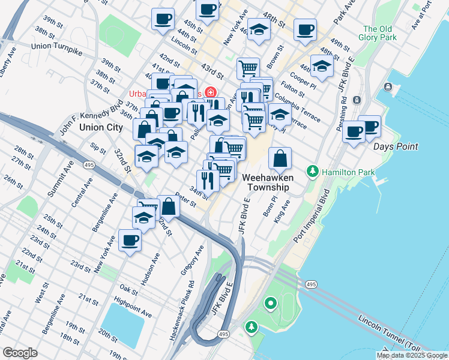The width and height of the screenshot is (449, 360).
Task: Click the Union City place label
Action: tap(101, 128)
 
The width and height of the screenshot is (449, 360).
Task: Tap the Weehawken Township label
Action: tap(266, 182)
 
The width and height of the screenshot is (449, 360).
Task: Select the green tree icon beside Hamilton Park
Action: tap(312, 172)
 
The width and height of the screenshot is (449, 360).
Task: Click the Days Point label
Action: tap(395, 146)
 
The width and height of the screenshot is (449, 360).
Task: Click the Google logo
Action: tap(19, 352)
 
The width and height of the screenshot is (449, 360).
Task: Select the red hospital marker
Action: tap(210, 92)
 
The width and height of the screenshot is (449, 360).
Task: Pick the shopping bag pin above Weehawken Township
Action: tap(280, 159)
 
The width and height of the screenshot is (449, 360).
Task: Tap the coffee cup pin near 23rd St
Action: tap(130, 241)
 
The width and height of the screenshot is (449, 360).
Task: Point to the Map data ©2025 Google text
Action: tap(412, 355)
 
